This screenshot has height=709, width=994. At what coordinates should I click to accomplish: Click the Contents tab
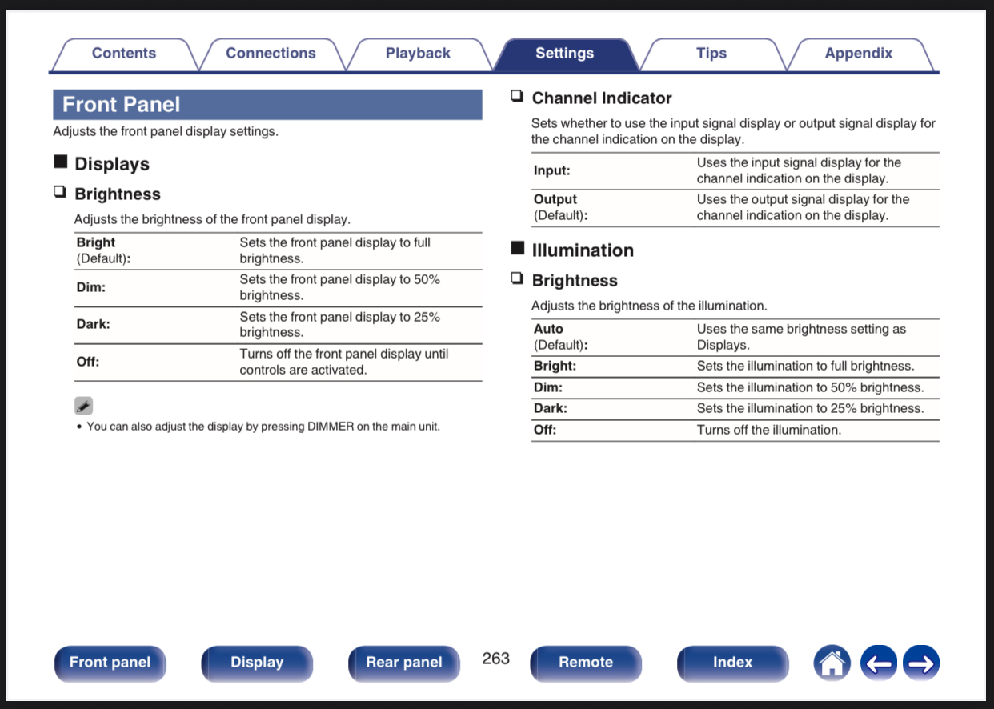(124, 54)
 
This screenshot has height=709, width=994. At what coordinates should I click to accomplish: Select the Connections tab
(271, 54)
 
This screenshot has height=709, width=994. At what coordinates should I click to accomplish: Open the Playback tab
(418, 54)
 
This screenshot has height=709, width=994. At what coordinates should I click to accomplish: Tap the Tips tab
(711, 54)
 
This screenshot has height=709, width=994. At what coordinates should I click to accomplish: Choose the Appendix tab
(858, 54)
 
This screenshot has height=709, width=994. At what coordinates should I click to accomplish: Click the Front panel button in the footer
(110, 663)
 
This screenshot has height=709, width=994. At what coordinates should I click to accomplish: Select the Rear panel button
(403, 663)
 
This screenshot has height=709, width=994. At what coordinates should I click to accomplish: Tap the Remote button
(586, 663)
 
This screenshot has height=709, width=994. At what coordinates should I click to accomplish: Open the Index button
(732, 663)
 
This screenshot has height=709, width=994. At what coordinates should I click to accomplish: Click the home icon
(832, 663)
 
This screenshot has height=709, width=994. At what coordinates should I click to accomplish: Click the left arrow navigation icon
(878, 663)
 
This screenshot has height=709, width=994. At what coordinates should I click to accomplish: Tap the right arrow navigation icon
(920, 663)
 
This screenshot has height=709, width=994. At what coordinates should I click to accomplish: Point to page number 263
(496, 658)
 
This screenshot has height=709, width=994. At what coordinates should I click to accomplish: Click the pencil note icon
(84, 405)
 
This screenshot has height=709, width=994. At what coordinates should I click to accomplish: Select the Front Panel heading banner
(267, 105)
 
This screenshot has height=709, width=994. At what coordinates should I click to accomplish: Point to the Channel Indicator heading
(601, 98)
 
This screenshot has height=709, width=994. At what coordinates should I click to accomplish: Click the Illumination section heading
(582, 250)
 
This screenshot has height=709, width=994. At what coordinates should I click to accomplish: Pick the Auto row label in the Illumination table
(549, 329)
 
